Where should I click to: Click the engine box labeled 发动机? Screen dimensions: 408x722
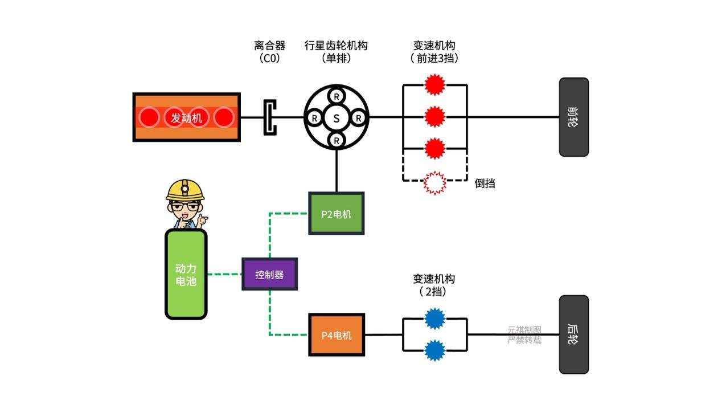click(186, 117)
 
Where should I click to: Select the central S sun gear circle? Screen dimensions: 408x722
click(337, 118)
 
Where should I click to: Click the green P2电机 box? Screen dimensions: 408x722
click(336, 214)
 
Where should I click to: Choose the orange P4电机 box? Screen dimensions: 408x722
click(336, 335)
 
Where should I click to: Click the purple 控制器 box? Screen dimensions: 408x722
click(269, 274)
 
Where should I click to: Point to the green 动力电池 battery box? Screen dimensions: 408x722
click(186, 274)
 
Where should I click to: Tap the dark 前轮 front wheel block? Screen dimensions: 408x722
click(573, 117)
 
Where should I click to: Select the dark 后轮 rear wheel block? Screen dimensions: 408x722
click(573, 334)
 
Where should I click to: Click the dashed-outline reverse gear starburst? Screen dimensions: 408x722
click(435, 182)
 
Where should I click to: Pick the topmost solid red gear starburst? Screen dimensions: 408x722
click(435, 85)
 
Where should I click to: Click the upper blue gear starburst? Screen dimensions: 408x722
click(435, 319)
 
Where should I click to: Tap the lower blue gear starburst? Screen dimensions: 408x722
click(435, 350)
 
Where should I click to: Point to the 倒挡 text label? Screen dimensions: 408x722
click(485, 183)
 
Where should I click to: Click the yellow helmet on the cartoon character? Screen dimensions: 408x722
click(185, 189)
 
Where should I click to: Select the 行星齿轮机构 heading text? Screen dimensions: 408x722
click(336, 46)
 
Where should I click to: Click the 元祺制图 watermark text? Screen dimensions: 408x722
click(524, 330)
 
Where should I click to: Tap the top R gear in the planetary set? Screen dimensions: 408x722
click(337, 95)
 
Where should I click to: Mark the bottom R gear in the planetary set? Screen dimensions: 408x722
click(337, 140)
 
